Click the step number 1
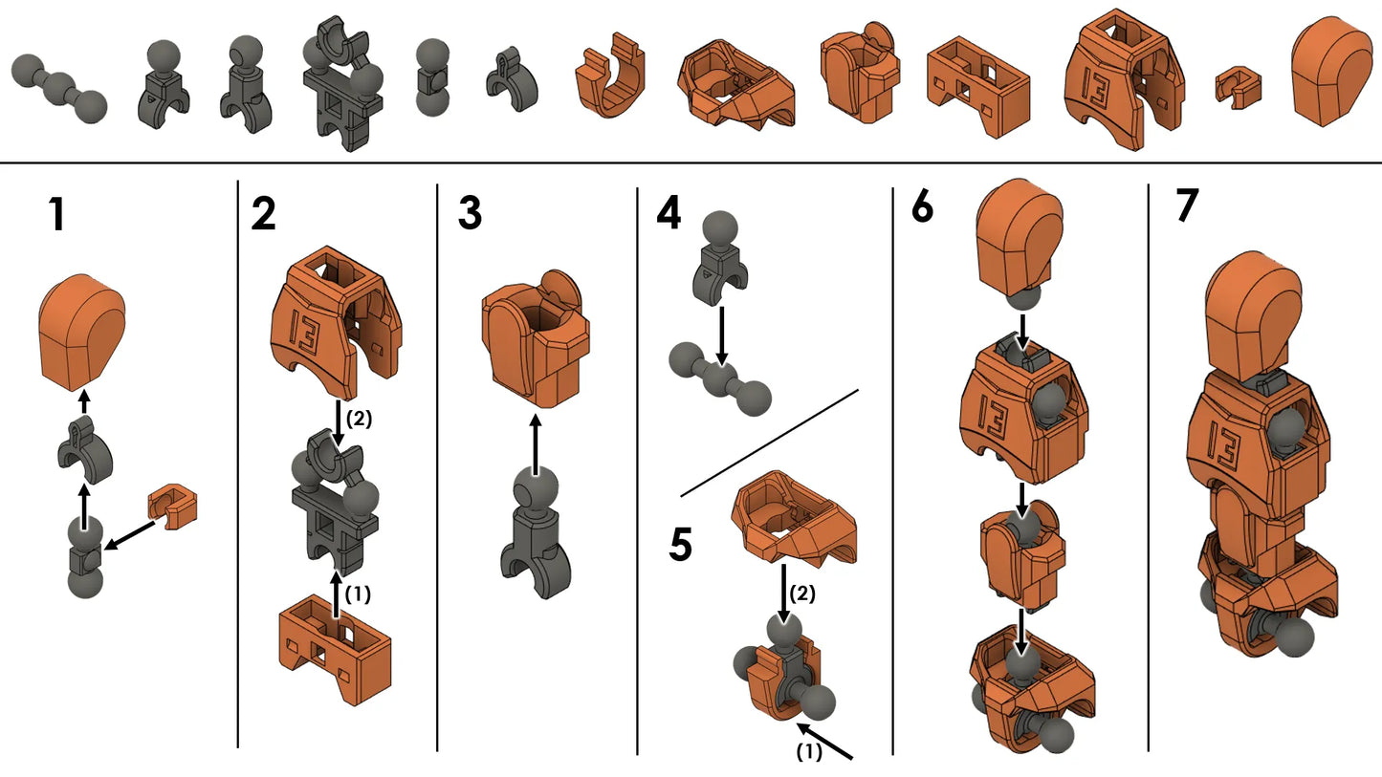coord(56,215)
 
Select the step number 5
coord(681,543)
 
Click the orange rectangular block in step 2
coord(335,647)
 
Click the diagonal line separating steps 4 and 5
coord(769,442)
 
